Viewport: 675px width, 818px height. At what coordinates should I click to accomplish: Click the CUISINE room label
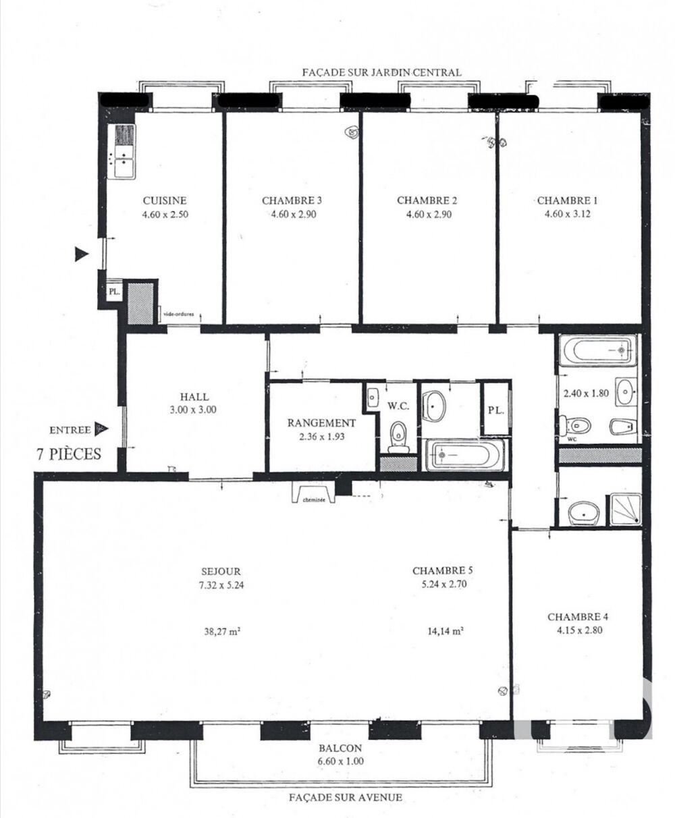[164, 200]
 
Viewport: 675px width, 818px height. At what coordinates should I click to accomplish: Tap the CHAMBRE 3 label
[292, 200]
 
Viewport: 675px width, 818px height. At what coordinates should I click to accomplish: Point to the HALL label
[194, 397]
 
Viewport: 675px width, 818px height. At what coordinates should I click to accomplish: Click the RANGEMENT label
[321, 423]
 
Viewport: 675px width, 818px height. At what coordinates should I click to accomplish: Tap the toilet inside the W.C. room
[398, 435]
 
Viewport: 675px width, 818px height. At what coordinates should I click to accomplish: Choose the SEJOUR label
[216, 570]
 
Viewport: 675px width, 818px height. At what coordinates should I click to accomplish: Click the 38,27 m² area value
[223, 632]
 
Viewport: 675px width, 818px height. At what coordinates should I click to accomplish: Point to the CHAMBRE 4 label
[574, 617]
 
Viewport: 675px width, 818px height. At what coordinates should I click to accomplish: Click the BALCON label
[340, 748]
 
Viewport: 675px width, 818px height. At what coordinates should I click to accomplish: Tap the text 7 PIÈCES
[69, 454]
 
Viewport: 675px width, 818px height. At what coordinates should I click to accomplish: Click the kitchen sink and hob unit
[124, 153]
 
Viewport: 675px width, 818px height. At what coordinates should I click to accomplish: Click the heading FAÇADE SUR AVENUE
[346, 797]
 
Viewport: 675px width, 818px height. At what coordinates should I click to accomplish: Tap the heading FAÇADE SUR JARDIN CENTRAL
[381, 72]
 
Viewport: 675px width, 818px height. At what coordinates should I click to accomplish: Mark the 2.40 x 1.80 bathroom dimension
[586, 393]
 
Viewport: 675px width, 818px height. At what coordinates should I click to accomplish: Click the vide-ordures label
[178, 313]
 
